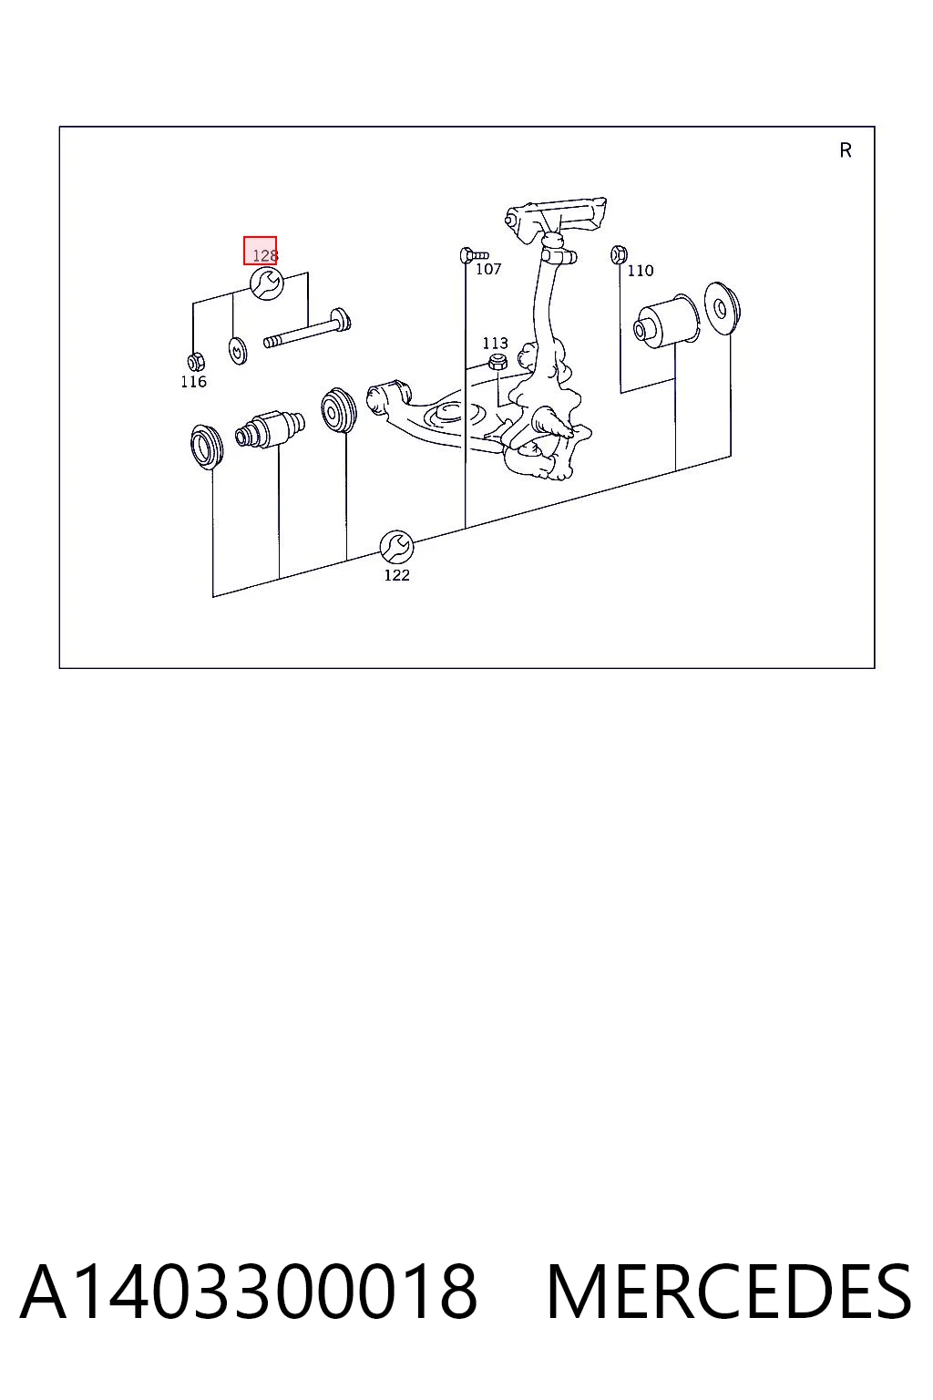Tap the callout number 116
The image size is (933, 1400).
(194, 381)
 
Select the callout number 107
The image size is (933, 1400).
(488, 270)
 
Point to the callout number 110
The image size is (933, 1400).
(641, 271)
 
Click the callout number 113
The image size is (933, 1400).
(495, 343)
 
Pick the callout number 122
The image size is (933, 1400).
(397, 575)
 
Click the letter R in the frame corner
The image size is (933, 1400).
(846, 150)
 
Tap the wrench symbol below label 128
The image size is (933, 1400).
(267, 283)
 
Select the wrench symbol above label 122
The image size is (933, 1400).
(397, 547)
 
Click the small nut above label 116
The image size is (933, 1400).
(196, 361)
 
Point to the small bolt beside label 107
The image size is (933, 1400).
(474, 255)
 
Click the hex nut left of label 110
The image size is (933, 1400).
(619, 254)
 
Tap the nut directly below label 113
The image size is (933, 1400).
(497, 361)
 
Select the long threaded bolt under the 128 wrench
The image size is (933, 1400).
(307, 328)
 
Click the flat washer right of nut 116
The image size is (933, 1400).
(238, 351)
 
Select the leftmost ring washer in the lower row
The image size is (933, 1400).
(206, 445)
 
